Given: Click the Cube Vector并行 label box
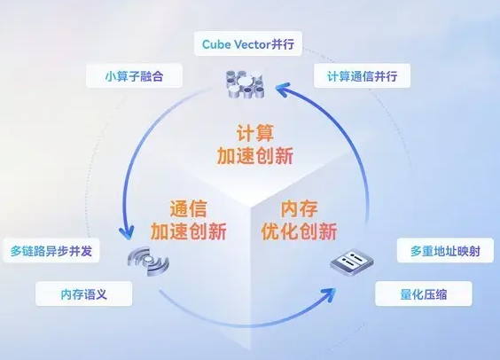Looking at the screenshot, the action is [248, 43].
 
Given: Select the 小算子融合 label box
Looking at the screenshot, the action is [134, 76].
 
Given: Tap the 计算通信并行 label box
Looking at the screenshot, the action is [362, 76].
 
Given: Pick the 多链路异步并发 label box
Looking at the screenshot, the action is [51, 251].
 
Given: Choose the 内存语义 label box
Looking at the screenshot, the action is [84, 294].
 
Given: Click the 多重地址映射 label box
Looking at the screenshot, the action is [445, 251].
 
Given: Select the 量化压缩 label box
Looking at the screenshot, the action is [424, 294].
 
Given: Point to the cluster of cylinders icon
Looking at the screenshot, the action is [245, 84].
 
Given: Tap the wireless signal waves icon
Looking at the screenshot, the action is [148, 261].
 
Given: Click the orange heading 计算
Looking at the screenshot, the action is [255, 133].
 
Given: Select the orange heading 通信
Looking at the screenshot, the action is [188, 209].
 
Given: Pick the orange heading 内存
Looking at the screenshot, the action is [299, 209].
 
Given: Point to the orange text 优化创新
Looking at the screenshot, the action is [299, 231].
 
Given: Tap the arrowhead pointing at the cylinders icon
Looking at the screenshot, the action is [283, 90].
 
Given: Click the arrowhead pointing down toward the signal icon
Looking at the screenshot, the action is [127, 233].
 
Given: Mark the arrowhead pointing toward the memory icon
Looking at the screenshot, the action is [329, 294].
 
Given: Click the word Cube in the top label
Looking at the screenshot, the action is [216, 44].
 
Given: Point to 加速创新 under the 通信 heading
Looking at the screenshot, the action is [189, 231].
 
